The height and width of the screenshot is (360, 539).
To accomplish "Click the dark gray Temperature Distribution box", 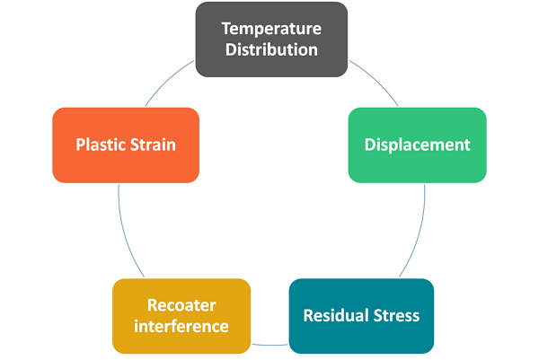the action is point(271,40).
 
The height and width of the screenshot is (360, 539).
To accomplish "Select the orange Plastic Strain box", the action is point(126,145).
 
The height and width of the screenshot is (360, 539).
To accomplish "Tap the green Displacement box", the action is point(418,145).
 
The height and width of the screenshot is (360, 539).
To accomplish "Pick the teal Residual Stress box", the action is point(361,316).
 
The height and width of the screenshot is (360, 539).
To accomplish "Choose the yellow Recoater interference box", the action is point(181,316).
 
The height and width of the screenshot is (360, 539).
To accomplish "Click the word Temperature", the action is point(271,30).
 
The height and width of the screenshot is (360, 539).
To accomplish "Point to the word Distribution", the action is point(271,49).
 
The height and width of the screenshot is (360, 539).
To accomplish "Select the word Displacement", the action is point(418,145).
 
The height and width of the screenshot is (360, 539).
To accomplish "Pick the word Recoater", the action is point(181,305).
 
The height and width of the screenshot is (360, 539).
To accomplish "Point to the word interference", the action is point(181,326).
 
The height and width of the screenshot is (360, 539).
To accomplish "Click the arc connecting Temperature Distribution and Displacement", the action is point(376,80).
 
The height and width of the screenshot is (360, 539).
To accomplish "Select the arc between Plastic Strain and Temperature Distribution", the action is point(167,80).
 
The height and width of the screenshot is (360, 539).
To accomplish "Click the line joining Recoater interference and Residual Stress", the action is point(269,345).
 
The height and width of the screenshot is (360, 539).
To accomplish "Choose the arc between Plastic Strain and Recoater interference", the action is point(125,233).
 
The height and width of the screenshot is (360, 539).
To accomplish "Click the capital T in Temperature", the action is point(226,29).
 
